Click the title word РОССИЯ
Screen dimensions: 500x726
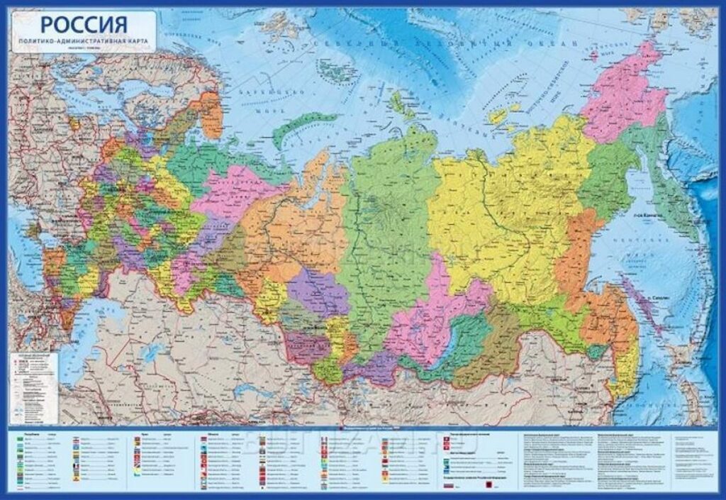coord(84,24)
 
